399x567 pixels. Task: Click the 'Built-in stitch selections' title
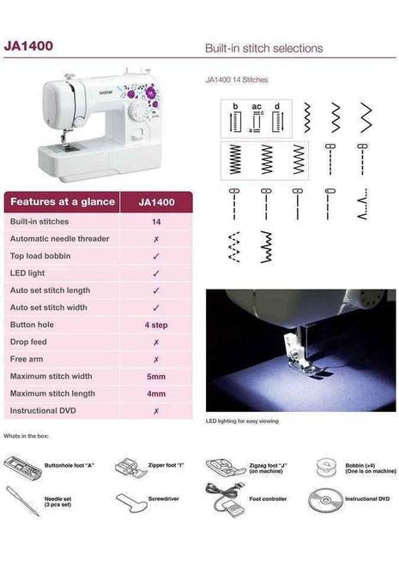263,48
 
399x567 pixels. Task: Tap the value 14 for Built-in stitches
155,221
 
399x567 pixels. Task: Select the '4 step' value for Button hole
155,325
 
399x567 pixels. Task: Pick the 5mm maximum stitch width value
155,376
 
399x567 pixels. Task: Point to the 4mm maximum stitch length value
155,393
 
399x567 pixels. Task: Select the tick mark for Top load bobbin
155,256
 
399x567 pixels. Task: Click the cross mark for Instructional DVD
155,411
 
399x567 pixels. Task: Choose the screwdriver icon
130,500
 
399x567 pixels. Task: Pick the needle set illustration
21,500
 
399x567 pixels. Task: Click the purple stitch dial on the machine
149,92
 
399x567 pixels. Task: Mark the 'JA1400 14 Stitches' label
237,80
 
